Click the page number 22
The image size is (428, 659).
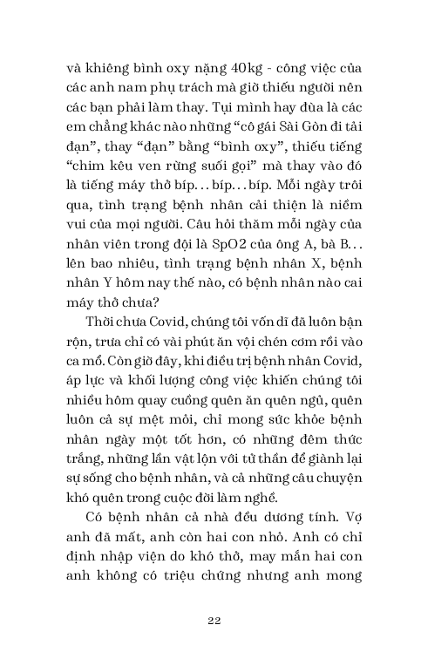pyautogui.click(x=214, y=620)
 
